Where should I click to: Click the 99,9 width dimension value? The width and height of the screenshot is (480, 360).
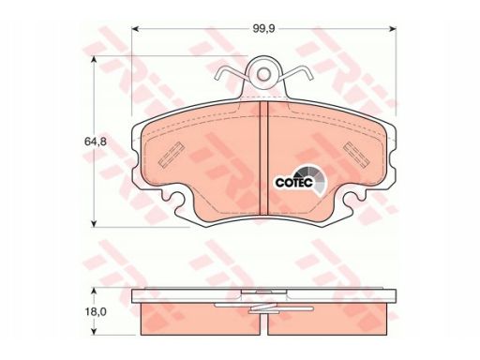point(263,29)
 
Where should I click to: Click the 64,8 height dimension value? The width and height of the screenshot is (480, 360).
point(96,142)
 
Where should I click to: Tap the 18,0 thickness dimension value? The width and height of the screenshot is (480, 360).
point(96,311)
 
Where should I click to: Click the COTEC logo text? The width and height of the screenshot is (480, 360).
point(293,183)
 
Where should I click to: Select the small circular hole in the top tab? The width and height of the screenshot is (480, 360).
point(264,74)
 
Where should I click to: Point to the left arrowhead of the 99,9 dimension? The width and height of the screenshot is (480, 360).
point(135,29)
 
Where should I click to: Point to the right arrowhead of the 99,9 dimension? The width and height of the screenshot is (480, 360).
point(393,29)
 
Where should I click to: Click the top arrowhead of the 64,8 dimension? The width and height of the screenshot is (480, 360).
point(93,60)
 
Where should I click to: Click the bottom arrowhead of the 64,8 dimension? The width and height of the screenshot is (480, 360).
point(93,223)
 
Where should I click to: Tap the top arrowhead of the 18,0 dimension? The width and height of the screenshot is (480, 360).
point(93,292)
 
